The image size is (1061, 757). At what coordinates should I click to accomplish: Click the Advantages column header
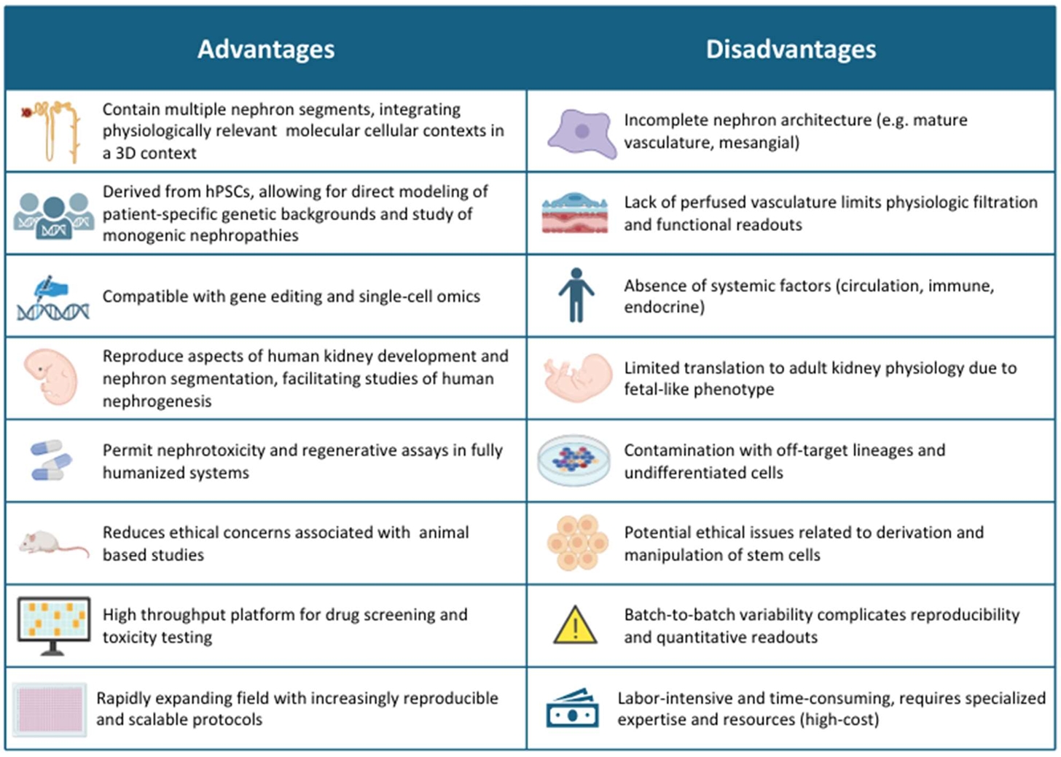266,50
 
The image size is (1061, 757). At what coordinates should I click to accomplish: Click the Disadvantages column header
791,50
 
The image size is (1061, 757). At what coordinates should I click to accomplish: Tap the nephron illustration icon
52,131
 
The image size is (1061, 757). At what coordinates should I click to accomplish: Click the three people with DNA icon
53,216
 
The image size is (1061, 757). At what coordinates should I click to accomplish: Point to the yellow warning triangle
575,625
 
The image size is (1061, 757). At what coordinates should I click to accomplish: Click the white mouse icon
53,544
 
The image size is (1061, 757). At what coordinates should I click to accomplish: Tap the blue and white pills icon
51,460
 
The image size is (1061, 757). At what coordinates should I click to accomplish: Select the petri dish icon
574,460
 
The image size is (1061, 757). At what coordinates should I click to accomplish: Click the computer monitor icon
53,626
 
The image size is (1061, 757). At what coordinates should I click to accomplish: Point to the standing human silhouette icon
576,294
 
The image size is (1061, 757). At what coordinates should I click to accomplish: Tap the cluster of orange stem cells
577,542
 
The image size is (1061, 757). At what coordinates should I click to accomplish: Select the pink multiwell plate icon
50,709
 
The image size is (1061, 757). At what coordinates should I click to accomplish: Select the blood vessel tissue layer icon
575,213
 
